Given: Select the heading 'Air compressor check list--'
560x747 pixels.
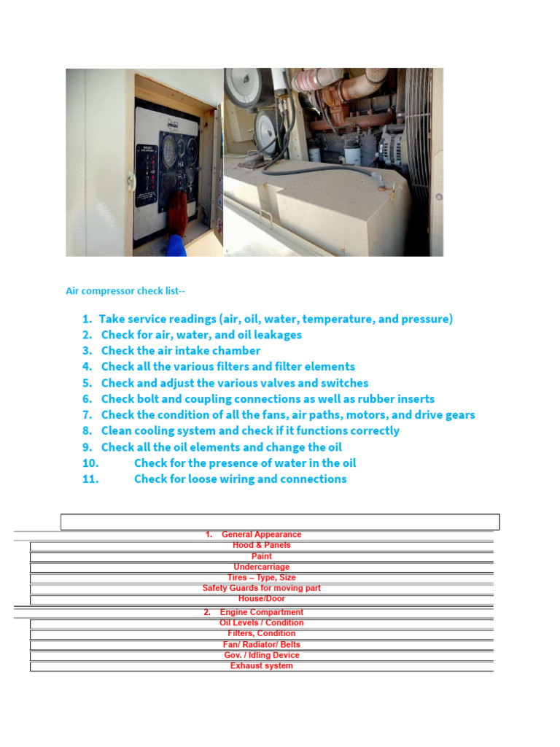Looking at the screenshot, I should (125, 291).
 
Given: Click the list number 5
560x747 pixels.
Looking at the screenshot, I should (87, 383).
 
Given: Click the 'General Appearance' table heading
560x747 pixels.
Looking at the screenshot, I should (261, 535).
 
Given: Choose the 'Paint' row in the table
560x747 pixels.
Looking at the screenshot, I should (261, 556).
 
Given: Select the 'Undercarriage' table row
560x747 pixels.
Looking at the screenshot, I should (261, 567).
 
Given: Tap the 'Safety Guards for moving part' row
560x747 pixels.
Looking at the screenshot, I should (261, 588).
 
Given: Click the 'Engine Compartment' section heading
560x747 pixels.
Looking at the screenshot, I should (261, 612).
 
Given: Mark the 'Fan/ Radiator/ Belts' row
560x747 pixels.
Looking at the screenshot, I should (261, 644).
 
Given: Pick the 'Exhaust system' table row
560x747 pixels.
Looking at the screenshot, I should (261, 665).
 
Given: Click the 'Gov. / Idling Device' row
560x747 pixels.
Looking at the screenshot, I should (261, 655).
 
